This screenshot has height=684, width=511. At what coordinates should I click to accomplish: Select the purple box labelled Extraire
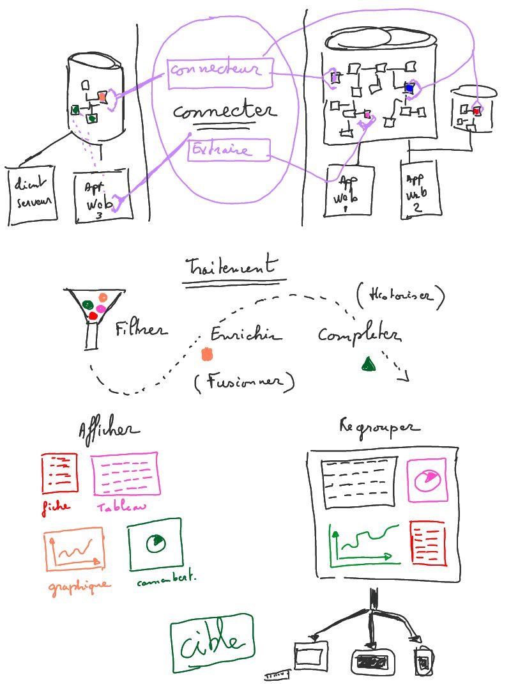click(229, 150)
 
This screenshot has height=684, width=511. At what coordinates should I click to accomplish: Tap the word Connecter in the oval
click(224, 112)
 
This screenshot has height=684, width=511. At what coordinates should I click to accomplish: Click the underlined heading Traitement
click(232, 267)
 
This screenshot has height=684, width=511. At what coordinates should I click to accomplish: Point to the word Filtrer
click(141, 330)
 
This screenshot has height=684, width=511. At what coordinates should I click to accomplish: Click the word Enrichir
click(245, 335)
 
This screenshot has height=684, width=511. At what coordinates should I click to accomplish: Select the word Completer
click(359, 335)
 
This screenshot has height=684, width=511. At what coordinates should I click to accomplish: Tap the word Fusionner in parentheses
click(245, 382)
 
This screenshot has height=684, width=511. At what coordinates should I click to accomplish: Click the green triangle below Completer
click(368, 364)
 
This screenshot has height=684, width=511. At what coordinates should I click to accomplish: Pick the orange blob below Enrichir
click(207, 354)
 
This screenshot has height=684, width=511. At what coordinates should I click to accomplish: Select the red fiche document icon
click(59, 473)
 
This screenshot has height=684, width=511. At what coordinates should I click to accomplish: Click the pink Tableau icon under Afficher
click(125, 474)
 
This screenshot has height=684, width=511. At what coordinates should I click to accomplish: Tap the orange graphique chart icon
click(74, 549)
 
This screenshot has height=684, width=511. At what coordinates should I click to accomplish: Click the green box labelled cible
click(211, 643)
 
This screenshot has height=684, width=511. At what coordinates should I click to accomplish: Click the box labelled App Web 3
click(102, 196)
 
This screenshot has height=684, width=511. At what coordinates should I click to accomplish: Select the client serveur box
click(31, 195)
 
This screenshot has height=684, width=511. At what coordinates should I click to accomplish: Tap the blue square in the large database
click(409, 88)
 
